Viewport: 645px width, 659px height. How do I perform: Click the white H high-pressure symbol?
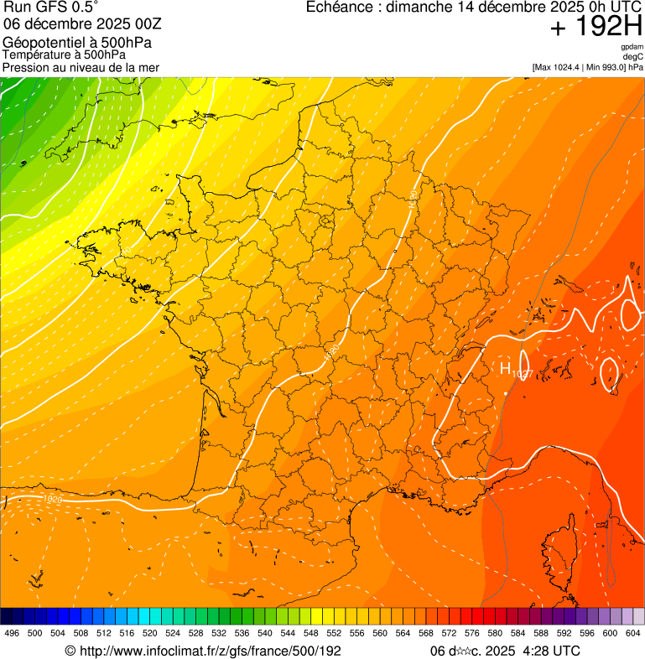pyautogui.click(x=506, y=368)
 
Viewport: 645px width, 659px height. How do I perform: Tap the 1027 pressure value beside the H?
pyautogui.click(x=522, y=374)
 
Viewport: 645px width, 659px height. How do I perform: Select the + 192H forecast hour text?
pyautogui.click(x=596, y=28)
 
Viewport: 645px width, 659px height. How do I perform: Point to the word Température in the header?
pyautogui.click(x=36, y=54)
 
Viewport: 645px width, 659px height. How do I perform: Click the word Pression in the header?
pyautogui.click(x=26, y=67)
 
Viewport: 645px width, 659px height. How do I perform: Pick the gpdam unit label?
pyautogui.click(x=632, y=47)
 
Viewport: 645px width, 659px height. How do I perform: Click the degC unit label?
pyautogui.click(x=633, y=57)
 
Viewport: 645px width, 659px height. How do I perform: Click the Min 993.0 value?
pyautogui.click(x=606, y=67)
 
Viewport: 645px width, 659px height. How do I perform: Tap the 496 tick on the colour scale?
pyautogui.click(x=12, y=633)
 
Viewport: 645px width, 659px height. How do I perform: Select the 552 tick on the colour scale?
pyautogui.click(x=334, y=633)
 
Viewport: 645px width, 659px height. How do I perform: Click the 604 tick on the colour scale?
pyautogui.click(x=633, y=633)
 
